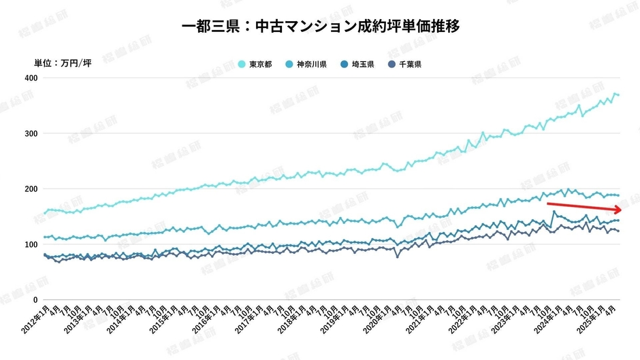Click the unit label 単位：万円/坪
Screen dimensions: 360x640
pyautogui.click(x=63, y=64)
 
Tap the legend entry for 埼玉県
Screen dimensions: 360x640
pyautogui.click(x=358, y=65)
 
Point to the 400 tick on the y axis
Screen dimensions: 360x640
pyautogui.click(x=31, y=78)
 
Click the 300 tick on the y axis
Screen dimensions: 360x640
pyautogui.click(x=31, y=133)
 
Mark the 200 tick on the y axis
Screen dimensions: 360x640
pyautogui.click(x=31, y=189)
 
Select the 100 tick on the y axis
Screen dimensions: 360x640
pyautogui.click(x=31, y=244)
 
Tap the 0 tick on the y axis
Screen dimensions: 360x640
pyautogui.click(x=35, y=299)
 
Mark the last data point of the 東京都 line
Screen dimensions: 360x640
pyautogui.click(x=618, y=95)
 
